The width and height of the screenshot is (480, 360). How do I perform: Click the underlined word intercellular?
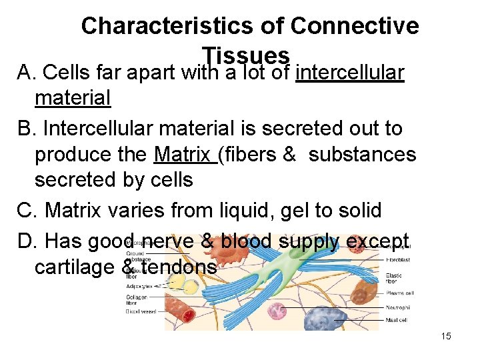[349, 71]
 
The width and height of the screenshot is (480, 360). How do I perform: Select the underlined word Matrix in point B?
[184, 155]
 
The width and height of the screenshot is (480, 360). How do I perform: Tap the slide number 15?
[446, 336]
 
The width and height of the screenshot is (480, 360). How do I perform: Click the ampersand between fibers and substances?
[289, 155]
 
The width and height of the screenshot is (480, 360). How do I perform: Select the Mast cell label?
[397, 320]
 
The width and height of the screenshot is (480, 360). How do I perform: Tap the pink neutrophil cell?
[277, 311]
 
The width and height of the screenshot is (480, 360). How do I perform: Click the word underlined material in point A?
[72, 98]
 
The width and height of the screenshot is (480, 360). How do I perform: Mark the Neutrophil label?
[399, 307]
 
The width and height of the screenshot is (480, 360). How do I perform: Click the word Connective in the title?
[355, 26]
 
